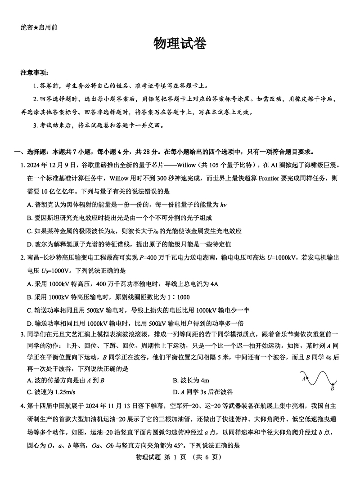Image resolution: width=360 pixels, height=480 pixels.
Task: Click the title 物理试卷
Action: tap(180, 44)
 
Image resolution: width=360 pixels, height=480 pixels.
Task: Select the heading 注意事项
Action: tap(35, 72)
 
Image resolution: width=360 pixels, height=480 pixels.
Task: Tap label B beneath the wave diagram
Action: tap(332, 389)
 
